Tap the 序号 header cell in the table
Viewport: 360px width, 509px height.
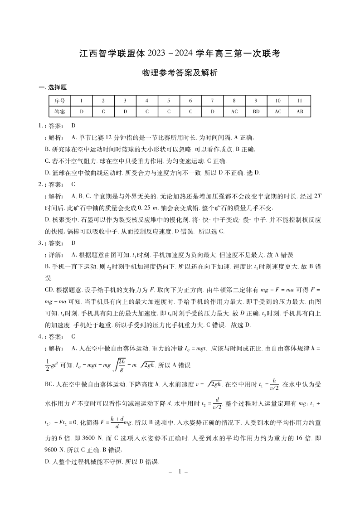click(x=59, y=101)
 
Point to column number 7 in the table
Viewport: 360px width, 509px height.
click(x=212, y=101)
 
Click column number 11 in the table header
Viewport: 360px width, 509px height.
click(x=299, y=101)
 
